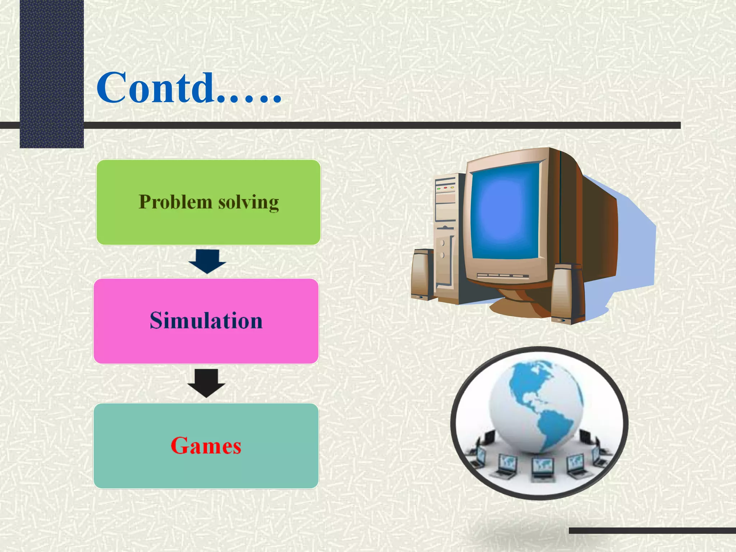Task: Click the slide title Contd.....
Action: coord(189,88)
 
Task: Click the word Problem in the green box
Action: coord(175,202)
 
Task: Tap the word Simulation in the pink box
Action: coord(206,321)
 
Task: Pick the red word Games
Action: coord(206,446)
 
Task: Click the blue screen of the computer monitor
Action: coord(505,212)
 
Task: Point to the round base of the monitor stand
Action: coord(517,307)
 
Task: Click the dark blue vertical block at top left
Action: coord(52,72)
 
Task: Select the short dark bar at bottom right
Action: coord(652,530)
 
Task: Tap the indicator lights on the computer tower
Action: coord(445,188)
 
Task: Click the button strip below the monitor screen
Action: coord(503,276)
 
